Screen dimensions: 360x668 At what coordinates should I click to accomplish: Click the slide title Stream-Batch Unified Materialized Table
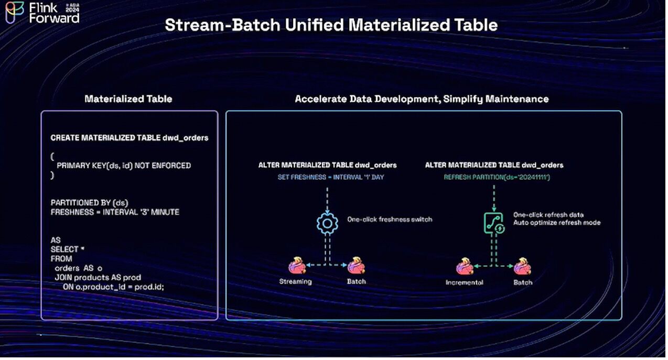[331, 25]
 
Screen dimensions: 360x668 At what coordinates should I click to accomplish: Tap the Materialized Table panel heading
[128, 99]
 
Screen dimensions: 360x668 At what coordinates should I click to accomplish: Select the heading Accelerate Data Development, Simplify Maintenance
[422, 99]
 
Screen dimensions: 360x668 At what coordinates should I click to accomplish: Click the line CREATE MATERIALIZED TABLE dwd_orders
[130, 138]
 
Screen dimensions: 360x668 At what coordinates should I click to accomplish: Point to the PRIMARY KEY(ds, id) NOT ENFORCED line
[124, 166]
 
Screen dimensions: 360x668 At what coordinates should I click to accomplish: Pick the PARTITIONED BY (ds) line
[90, 202]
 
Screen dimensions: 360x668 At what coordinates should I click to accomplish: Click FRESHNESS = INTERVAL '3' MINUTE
[115, 212]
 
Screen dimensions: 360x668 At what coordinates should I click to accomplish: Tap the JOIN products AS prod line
[98, 277]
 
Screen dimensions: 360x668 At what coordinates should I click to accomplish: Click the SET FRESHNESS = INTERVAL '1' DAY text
[331, 177]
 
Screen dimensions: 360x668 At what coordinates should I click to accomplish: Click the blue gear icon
[328, 223]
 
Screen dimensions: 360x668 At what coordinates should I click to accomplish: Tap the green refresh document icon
[493, 223]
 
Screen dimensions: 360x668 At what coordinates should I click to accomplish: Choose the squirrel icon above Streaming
[297, 265]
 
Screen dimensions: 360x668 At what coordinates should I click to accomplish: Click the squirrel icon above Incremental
[465, 266]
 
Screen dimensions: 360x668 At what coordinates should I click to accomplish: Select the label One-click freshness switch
[390, 219]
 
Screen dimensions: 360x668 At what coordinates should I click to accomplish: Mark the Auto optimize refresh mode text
[557, 223]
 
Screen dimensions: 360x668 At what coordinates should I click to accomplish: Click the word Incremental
[465, 282]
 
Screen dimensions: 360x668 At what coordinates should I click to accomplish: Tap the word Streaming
[296, 281]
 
